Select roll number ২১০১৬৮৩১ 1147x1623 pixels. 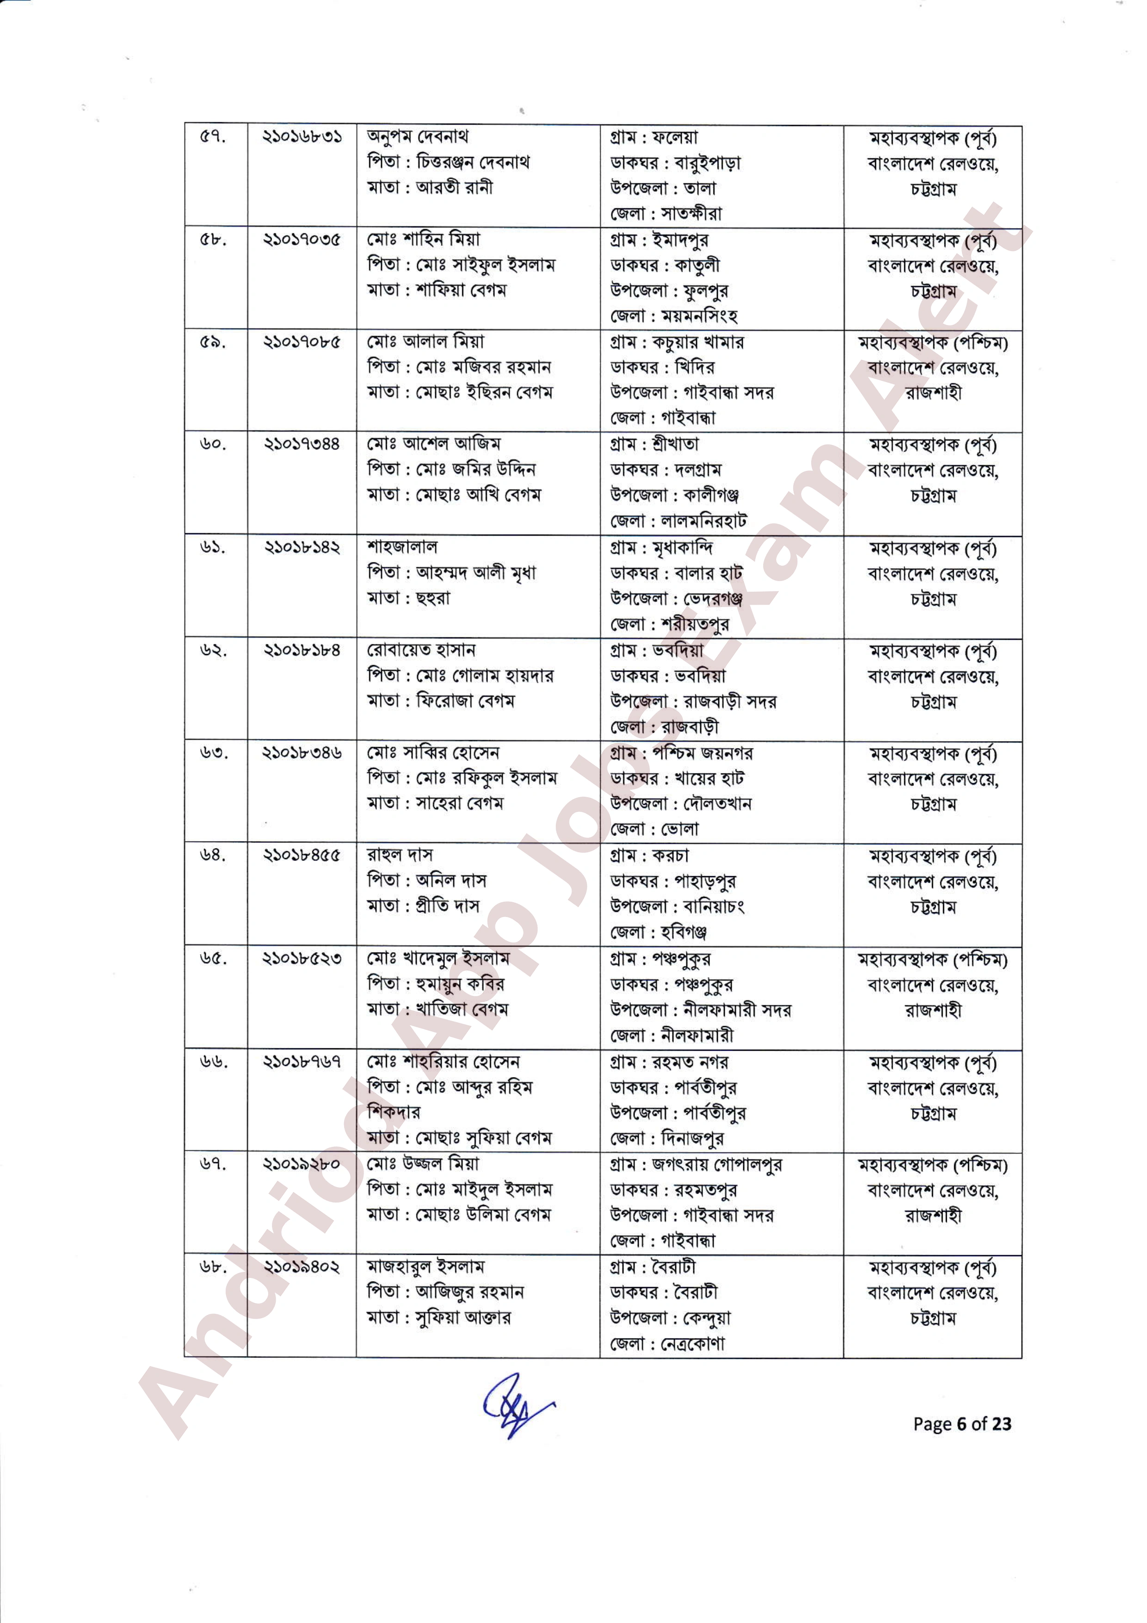(302, 136)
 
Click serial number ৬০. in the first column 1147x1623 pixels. (212, 445)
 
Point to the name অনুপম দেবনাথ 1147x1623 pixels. (417, 136)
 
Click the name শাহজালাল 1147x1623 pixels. (401, 547)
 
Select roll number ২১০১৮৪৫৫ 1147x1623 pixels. (302, 855)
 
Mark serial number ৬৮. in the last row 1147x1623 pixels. (212, 1267)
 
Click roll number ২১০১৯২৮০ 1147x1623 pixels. (302, 1164)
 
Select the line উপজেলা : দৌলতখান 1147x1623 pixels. (680, 804)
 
